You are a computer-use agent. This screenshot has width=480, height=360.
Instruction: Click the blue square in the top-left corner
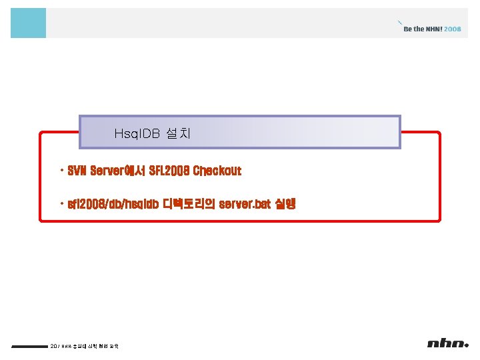tap(28, 23)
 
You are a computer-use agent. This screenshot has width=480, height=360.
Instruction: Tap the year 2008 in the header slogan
tap(452, 29)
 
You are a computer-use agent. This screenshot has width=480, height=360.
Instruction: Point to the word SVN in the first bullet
tap(77, 171)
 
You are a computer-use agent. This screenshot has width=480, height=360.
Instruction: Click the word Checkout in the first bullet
tap(217, 171)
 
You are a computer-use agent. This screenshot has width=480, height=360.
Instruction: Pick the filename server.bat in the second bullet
tap(245, 204)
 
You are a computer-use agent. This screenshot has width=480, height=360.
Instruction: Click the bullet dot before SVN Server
tap(61, 171)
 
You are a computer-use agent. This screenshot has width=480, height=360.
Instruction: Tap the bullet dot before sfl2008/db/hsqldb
tap(61, 203)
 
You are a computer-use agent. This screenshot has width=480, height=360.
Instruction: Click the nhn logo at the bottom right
tap(448, 344)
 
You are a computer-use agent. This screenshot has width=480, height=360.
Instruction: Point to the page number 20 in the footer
tap(53, 345)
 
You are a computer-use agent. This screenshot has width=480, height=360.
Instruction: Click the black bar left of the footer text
tap(29, 346)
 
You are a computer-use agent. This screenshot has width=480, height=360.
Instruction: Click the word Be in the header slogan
tap(408, 29)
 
